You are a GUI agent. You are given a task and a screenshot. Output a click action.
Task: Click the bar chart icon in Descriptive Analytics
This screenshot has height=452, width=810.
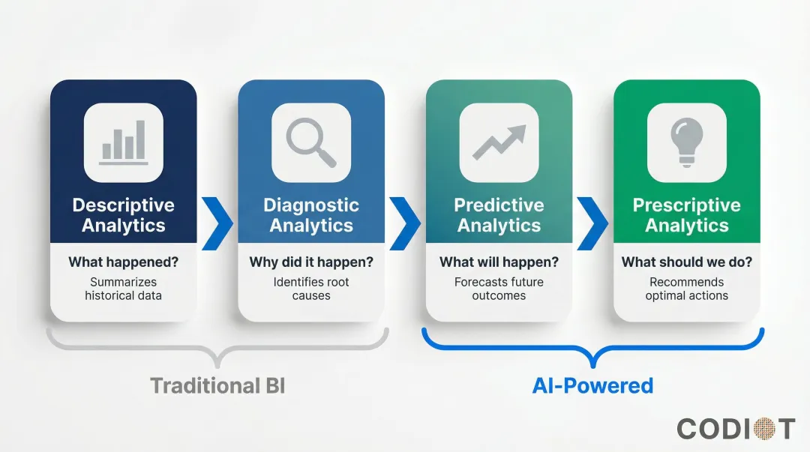tap(124, 142)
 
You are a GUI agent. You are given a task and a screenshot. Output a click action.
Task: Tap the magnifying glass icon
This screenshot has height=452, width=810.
tap(311, 142)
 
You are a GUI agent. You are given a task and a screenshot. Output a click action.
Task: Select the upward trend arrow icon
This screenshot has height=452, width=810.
tap(499, 142)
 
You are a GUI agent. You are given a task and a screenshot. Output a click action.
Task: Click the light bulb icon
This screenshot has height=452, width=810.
tap(686, 142)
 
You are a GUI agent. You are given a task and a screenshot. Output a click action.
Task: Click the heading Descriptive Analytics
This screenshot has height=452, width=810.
tap(124, 215)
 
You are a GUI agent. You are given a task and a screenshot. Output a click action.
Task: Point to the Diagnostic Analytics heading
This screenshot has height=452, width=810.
tap(311, 215)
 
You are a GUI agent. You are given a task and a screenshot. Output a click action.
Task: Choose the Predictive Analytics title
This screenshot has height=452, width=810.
tap(499, 215)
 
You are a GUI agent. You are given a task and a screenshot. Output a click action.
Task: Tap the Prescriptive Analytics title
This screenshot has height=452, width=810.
tap(686, 215)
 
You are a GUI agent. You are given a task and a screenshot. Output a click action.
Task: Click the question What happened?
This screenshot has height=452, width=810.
tap(124, 262)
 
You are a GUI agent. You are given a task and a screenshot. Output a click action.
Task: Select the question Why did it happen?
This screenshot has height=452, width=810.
tap(311, 262)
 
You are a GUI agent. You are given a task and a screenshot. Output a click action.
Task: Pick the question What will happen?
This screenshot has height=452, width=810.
tap(499, 262)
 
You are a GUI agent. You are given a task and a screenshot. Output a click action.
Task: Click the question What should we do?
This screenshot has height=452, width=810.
tap(686, 262)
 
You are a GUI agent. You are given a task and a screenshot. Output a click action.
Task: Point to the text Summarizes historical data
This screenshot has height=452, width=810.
tap(124, 289)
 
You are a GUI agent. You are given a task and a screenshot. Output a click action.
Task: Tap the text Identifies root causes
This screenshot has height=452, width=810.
tap(311, 289)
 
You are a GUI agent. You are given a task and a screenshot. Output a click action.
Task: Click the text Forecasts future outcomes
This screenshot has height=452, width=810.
tap(499, 289)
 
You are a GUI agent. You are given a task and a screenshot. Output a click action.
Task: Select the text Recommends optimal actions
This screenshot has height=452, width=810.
tap(686, 289)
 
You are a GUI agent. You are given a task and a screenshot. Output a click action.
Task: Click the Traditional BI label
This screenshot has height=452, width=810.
tap(217, 386)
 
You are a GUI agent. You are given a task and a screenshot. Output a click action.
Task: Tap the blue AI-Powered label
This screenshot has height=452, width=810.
tap(592, 386)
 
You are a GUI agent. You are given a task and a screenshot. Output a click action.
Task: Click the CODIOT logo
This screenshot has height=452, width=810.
tap(735, 429)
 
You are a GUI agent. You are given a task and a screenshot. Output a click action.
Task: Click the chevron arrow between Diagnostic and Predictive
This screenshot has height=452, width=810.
tap(405, 223)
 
